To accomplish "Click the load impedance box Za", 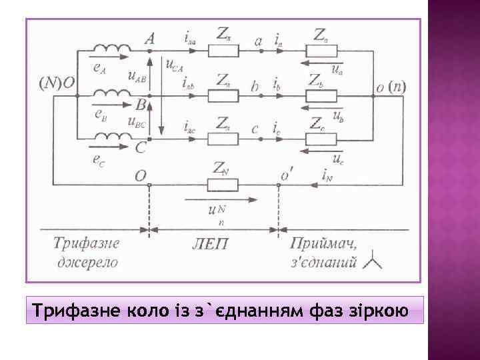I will [x=325, y=50].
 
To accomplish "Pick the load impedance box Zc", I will [x=325, y=139].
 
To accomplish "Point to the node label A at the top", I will [x=149, y=39].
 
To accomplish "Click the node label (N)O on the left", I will [x=59, y=83].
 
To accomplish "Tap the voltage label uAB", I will [x=137, y=78].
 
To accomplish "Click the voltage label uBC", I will [x=136, y=121].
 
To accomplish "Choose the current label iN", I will [x=327, y=176].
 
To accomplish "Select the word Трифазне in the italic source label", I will [x=86, y=243].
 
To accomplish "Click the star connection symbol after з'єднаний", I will [x=372, y=262].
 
